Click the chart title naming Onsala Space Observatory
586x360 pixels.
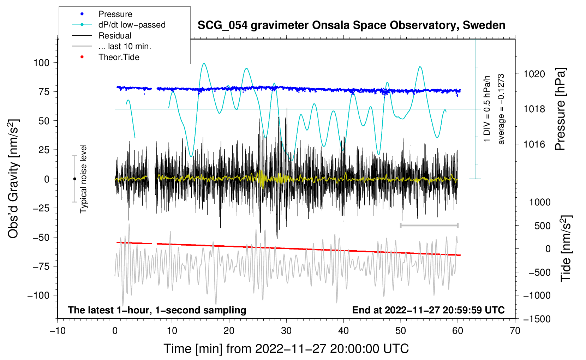click(351, 25)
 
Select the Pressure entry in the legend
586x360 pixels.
click(115, 14)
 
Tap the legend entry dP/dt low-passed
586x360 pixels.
click(132, 25)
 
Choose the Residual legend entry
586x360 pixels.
click(115, 36)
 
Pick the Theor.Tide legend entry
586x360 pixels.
click(119, 57)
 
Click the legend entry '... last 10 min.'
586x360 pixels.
click(125, 46)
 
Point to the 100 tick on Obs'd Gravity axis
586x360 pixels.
click(41, 63)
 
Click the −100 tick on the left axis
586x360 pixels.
click(38, 295)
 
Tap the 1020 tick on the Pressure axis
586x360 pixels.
click(534, 74)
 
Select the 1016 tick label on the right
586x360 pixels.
click(534, 144)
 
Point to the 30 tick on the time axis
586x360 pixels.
click(286, 331)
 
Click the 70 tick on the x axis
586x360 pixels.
click(515, 331)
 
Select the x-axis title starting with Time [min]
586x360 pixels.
click(286, 349)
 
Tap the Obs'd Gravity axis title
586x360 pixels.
click(13, 179)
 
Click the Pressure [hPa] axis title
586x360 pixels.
click(560, 109)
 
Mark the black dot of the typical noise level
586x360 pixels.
click(74, 179)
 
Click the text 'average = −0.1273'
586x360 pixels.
click(501, 109)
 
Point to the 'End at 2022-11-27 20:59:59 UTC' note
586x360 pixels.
click(428, 310)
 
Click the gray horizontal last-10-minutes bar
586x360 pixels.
click(429, 225)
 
